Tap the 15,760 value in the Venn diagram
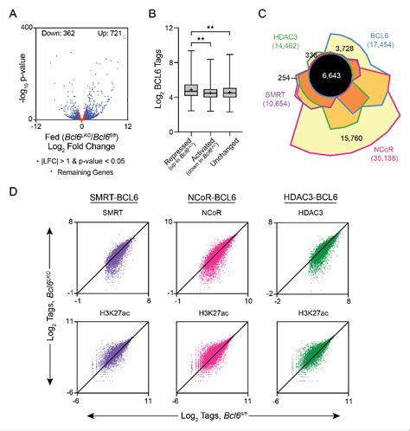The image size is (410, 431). tap(327, 137)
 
